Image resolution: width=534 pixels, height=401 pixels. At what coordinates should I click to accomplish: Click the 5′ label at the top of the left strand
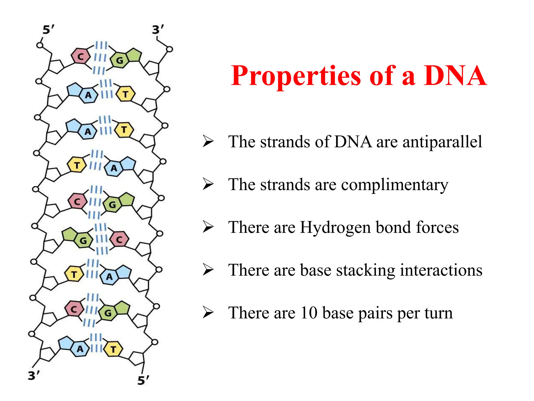tap(48, 30)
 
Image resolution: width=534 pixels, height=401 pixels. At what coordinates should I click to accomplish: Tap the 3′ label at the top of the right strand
tap(158, 30)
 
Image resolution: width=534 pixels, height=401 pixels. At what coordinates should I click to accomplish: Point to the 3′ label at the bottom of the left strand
tap(34, 376)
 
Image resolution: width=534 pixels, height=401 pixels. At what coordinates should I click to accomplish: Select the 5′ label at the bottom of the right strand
tap(143, 380)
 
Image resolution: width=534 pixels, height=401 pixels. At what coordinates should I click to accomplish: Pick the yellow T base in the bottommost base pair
tap(113, 349)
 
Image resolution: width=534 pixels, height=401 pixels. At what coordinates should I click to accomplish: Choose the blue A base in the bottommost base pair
tap(80, 349)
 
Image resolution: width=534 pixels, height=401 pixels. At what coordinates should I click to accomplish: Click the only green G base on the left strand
tap(83, 240)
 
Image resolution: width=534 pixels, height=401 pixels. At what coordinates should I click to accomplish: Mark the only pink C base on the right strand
tap(119, 240)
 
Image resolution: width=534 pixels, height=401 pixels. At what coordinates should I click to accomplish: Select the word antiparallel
tap(442, 142)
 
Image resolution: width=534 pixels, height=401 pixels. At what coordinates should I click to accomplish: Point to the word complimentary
tap(395, 185)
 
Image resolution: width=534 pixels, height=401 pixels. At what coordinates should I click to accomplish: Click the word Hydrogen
tap(335, 227)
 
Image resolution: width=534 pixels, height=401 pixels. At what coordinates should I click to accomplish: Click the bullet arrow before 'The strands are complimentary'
tap(208, 184)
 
